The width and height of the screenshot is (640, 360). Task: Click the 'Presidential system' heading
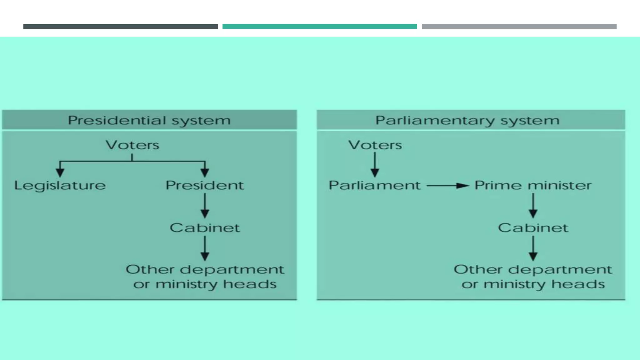pyautogui.click(x=149, y=120)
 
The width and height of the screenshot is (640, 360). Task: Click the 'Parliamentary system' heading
pyautogui.click(x=467, y=120)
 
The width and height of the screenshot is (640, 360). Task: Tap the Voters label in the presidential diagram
pyautogui.click(x=132, y=145)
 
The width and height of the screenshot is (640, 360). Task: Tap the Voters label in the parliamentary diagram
pyautogui.click(x=375, y=145)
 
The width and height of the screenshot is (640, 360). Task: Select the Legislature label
pyautogui.click(x=60, y=186)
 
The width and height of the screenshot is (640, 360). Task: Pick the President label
pyautogui.click(x=205, y=185)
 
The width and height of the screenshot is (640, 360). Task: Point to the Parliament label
pyautogui.click(x=374, y=185)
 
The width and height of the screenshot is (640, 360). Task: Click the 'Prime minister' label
pyautogui.click(x=533, y=185)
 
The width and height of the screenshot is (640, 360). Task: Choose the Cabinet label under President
pyautogui.click(x=205, y=228)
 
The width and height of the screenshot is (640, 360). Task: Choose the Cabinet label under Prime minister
pyautogui.click(x=533, y=228)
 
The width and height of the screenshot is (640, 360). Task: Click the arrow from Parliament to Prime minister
pyautogui.click(x=447, y=186)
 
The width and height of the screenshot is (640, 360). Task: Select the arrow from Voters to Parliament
pyautogui.click(x=375, y=164)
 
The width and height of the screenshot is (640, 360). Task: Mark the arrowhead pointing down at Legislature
pyautogui.click(x=60, y=172)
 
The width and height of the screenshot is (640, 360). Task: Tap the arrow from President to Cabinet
pyautogui.click(x=205, y=206)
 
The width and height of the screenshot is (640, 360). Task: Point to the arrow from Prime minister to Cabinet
pyautogui.click(x=533, y=206)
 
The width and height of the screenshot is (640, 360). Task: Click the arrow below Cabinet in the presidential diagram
pyautogui.click(x=205, y=248)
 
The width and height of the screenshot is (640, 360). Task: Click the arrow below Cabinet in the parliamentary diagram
pyautogui.click(x=533, y=248)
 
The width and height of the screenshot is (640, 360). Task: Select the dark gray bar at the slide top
pyautogui.click(x=120, y=27)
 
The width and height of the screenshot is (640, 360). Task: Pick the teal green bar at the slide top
pyautogui.click(x=319, y=27)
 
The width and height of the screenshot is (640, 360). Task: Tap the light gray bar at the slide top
pyautogui.click(x=519, y=27)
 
